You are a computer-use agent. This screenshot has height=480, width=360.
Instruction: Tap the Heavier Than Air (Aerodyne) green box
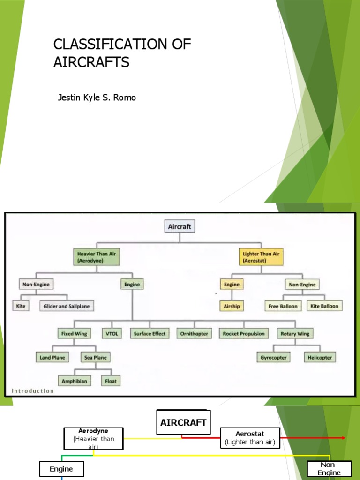coord(97,257)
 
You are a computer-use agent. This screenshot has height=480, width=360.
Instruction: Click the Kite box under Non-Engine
coord(21,306)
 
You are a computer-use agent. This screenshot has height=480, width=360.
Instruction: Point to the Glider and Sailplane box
coord(67,306)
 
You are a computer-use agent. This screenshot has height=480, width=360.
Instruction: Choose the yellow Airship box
coord(231,306)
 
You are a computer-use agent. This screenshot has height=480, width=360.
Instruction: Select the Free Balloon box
coord(283,306)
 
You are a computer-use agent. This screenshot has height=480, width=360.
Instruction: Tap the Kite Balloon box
coord(324,306)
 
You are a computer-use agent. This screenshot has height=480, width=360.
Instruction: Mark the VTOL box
coord(111,334)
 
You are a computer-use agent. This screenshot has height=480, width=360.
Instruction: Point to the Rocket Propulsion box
coord(244,334)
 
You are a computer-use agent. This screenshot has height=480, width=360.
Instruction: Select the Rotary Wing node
coord(295,334)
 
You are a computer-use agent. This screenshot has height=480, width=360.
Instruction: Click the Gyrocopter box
coord(273,357)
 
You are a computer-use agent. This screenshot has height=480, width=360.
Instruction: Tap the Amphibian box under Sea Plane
coord(74,381)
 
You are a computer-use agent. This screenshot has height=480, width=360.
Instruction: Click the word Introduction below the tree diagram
coord(33,391)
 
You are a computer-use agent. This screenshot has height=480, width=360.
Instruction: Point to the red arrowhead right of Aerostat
coord(344,438)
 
